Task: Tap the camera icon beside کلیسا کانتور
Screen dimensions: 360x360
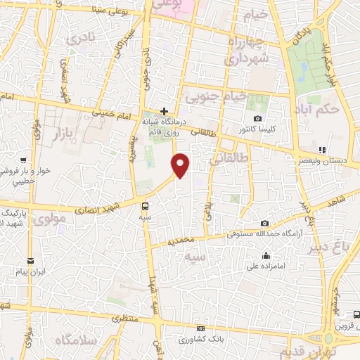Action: click(258, 117)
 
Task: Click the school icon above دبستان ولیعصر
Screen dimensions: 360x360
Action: click(321, 149)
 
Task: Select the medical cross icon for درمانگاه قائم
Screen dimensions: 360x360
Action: click(164, 110)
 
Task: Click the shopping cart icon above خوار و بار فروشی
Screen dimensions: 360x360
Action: click(24, 160)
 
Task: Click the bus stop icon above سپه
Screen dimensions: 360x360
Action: click(145, 206)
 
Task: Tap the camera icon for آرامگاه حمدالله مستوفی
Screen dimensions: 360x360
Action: click(264, 223)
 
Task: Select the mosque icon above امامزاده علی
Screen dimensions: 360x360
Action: click(266, 255)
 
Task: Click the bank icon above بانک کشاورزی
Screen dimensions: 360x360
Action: click(201, 328)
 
